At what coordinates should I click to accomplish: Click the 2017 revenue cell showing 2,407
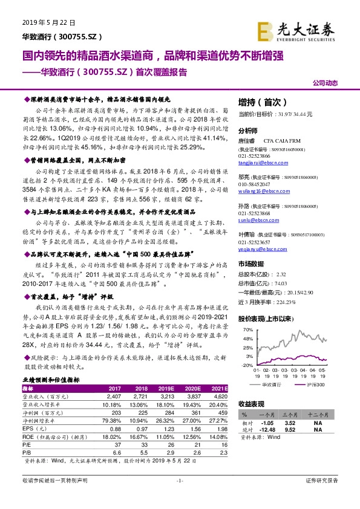point(114,397)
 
